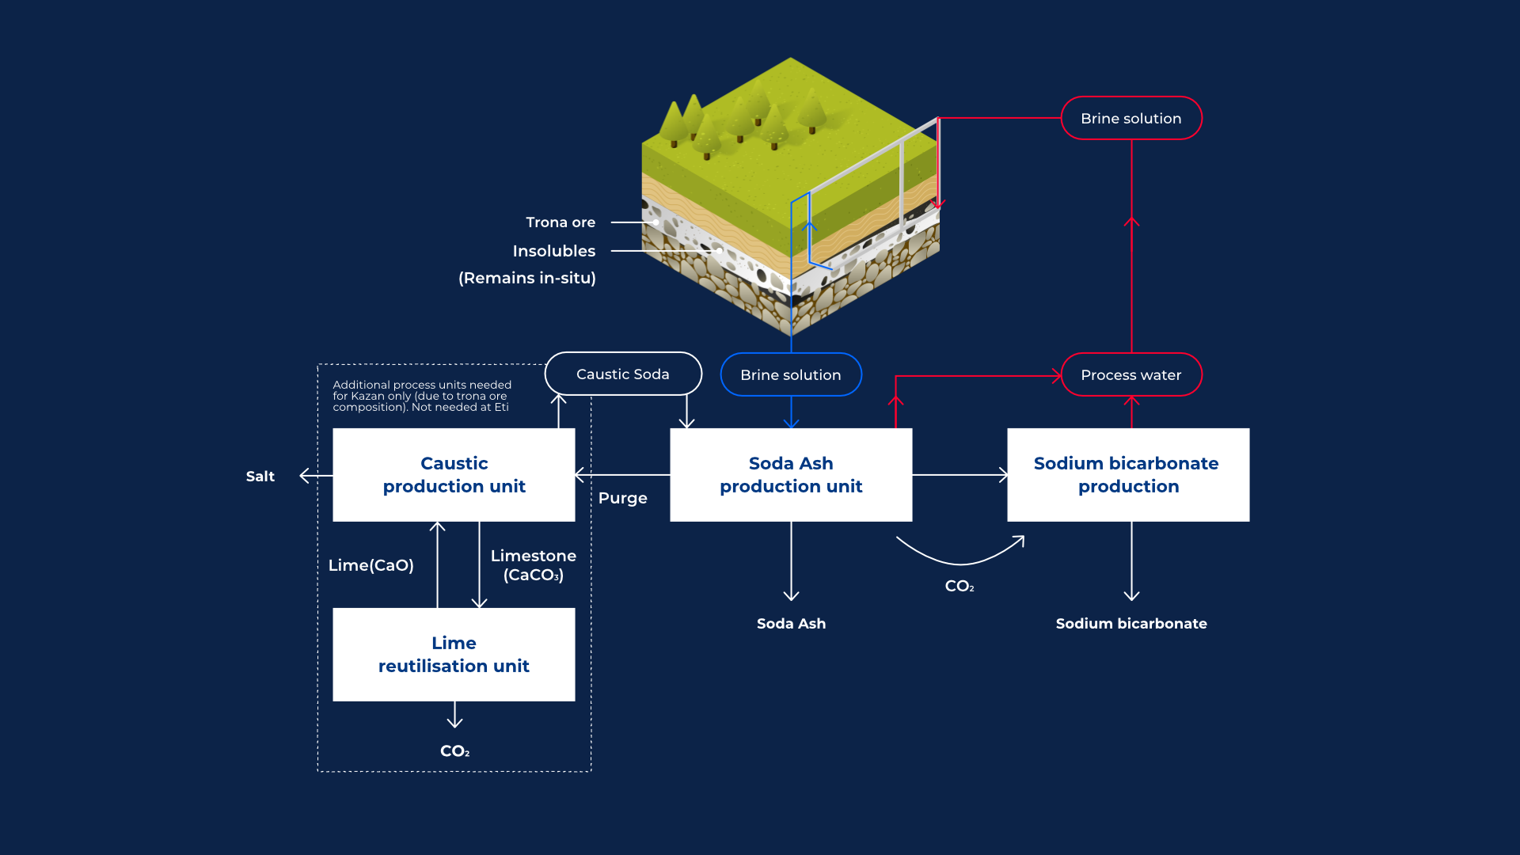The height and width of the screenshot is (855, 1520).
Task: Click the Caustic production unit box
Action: (x=454, y=475)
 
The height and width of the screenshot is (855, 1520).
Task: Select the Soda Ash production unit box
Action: (x=791, y=475)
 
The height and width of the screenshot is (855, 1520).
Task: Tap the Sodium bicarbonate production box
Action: (x=1127, y=475)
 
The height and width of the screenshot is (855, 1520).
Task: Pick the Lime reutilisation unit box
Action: (x=454, y=655)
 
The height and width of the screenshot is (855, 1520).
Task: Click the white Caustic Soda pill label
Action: (x=623, y=374)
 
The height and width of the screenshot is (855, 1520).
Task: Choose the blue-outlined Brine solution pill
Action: (x=791, y=375)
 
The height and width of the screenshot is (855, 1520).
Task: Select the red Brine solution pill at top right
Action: (x=1130, y=119)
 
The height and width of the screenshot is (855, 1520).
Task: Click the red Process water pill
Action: (x=1130, y=375)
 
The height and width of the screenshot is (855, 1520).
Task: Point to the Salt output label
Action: (x=260, y=477)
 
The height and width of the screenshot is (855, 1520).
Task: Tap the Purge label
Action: (x=623, y=498)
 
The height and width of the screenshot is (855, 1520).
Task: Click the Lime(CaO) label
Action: (x=371, y=565)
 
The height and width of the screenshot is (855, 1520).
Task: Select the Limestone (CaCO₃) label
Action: (x=533, y=565)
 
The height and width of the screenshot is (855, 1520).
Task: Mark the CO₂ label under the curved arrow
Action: (x=959, y=587)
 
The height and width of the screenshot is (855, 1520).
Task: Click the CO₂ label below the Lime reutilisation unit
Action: (x=455, y=751)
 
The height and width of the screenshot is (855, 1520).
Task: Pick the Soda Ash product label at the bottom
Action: (x=791, y=624)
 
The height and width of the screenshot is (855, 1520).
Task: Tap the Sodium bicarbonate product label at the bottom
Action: (x=1130, y=624)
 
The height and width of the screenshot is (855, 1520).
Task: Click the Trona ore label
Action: (x=560, y=222)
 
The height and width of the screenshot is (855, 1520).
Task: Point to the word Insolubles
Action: (x=554, y=252)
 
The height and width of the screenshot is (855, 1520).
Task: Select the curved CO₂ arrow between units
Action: (x=960, y=558)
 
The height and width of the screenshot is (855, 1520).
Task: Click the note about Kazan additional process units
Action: (x=422, y=396)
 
